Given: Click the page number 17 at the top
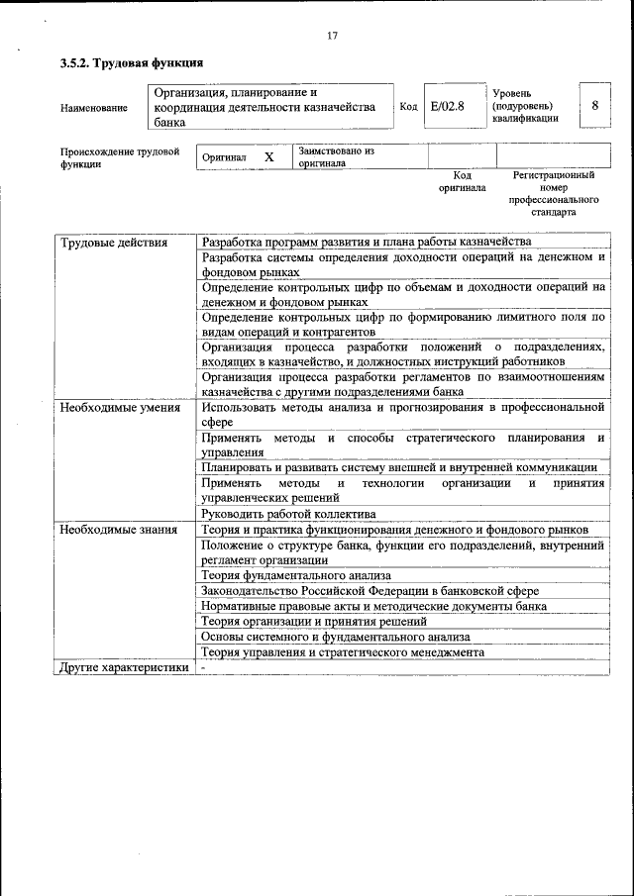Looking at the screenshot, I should (x=332, y=37).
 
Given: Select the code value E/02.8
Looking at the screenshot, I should (x=448, y=106).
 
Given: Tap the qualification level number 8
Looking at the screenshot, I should (x=594, y=105).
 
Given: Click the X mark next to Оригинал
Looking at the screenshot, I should (x=268, y=157).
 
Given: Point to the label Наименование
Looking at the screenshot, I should (x=94, y=107).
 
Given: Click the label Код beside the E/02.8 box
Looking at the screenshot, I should (x=408, y=106).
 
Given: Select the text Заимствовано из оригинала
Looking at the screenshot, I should (x=336, y=157).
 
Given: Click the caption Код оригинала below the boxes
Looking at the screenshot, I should (x=462, y=180).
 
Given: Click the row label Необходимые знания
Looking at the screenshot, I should (x=118, y=530).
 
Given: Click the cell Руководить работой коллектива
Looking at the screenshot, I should (x=288, y=514).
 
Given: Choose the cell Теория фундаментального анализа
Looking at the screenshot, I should (x=296, y=574).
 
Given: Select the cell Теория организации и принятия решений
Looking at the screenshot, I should (x=314, y=621).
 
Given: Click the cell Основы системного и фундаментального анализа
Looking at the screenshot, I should (x=335, y=637).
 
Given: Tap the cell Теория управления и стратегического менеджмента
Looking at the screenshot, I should (x=343, y=652).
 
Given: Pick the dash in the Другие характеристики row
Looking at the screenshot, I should (x=202, y=667).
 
